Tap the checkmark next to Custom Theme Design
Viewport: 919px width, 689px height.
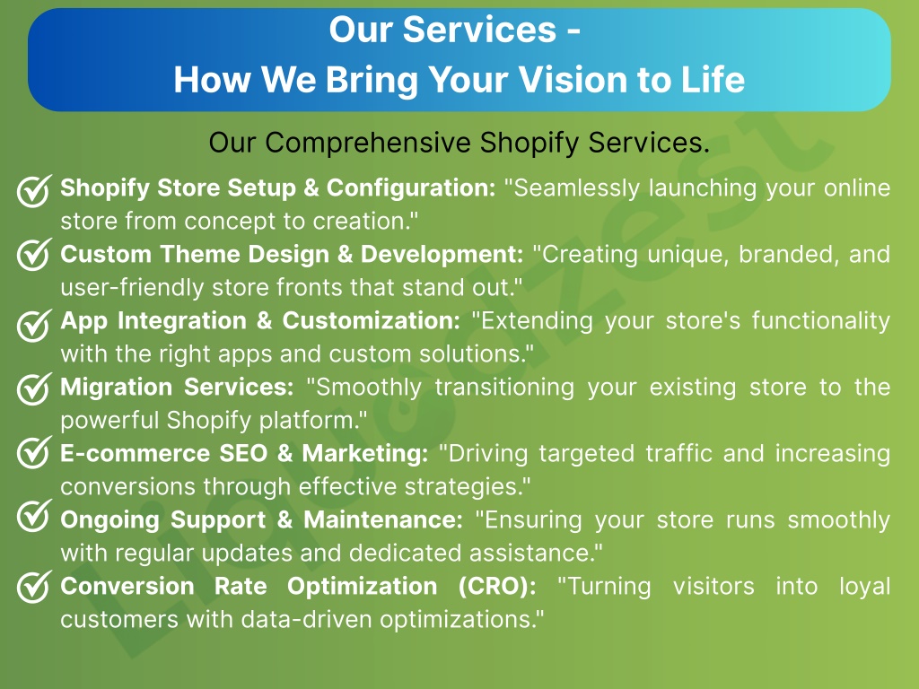34,254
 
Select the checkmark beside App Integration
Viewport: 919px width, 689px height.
34,325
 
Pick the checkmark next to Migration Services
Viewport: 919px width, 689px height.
34,388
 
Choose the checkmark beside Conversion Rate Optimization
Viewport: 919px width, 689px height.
34,587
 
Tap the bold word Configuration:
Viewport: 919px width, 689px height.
411,188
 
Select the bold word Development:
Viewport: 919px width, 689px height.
442,255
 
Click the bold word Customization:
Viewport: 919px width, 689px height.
371,321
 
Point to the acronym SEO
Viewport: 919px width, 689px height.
243,453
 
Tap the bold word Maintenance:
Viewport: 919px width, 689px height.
383,520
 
